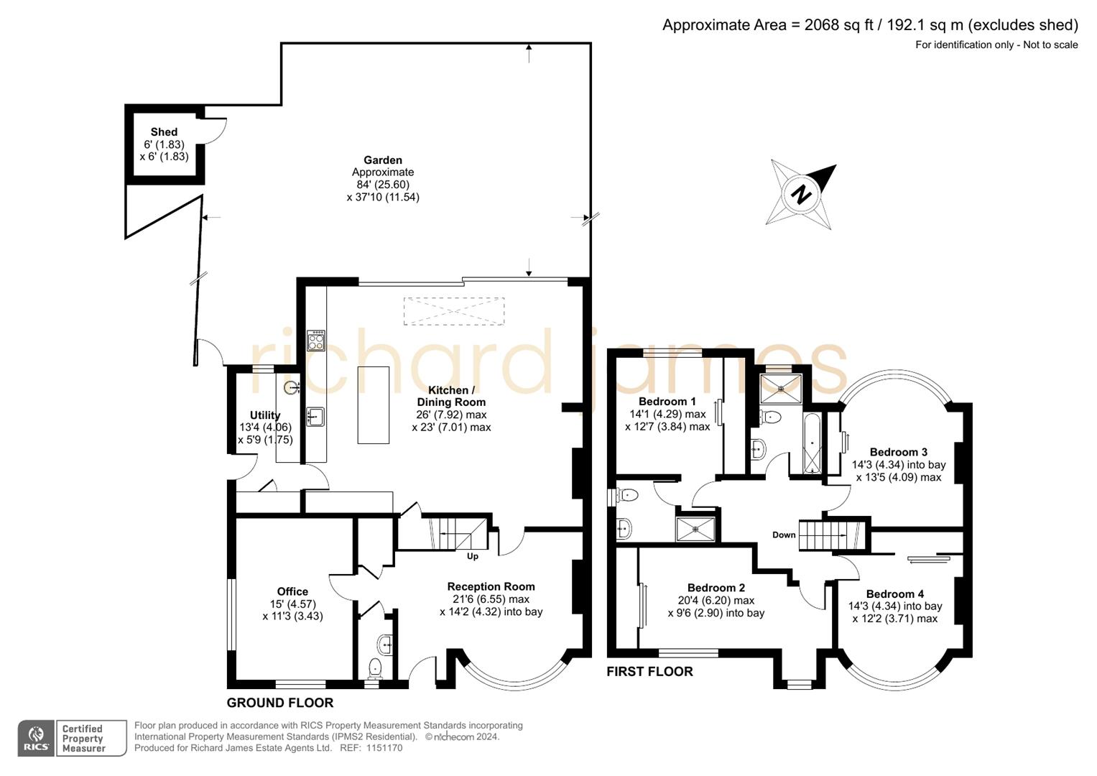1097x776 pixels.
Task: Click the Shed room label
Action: click(x=164, y=132)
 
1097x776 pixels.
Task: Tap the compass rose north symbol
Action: click(x=802, y=193)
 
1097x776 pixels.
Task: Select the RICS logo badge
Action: click(x=35, y=739)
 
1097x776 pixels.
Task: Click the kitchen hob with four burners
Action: click(x=316, y=340)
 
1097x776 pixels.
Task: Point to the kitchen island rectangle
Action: click(x=374, y=405)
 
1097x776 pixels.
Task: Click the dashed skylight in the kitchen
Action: click(x=453, y=311)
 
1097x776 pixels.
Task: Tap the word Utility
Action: click(x=265, y=415)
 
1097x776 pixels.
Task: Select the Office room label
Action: click(x=292, y=591)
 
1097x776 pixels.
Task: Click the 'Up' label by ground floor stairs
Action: click(x=473, y=556)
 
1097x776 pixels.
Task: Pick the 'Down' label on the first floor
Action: click(x=784, y=535)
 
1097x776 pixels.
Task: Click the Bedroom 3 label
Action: click(x=898, y=452)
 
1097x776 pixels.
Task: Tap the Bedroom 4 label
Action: click(x=894, y=593)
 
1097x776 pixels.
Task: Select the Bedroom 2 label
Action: click(x=716, y=588)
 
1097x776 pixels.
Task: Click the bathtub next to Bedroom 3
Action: click(x=812, y=443)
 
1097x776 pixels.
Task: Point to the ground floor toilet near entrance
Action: click(x=375, y=668)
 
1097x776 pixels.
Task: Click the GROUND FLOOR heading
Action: click(x=279, y=703)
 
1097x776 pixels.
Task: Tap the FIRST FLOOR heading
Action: click(x=649, y=671)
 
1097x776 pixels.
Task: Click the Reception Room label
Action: click(x=491, y=586)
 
